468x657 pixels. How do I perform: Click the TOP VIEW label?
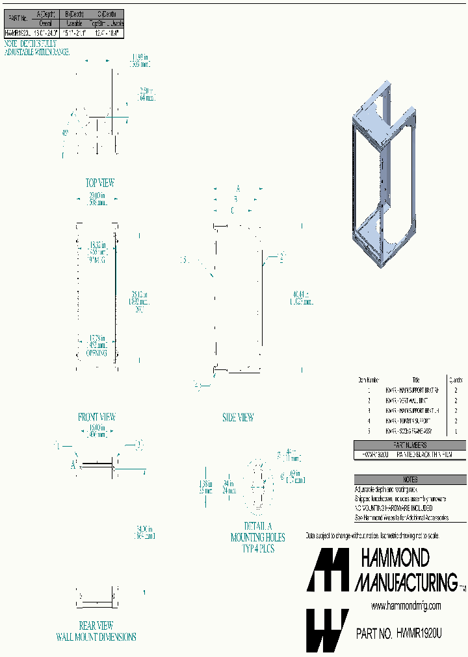[x=100, y=183]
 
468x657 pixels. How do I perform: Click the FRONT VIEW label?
[x=96, y=417]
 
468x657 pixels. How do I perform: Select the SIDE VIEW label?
[x=238, y=418]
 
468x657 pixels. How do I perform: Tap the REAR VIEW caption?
[x=96, y=626]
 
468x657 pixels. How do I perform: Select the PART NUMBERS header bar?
[x=409, y=445]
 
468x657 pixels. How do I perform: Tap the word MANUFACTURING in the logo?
[x=406, y=581]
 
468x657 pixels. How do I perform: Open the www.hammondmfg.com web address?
[x=406, y=606]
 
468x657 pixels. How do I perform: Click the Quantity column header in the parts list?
[x=456, y=380]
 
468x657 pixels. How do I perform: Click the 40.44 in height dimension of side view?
[x=302, y=297]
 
